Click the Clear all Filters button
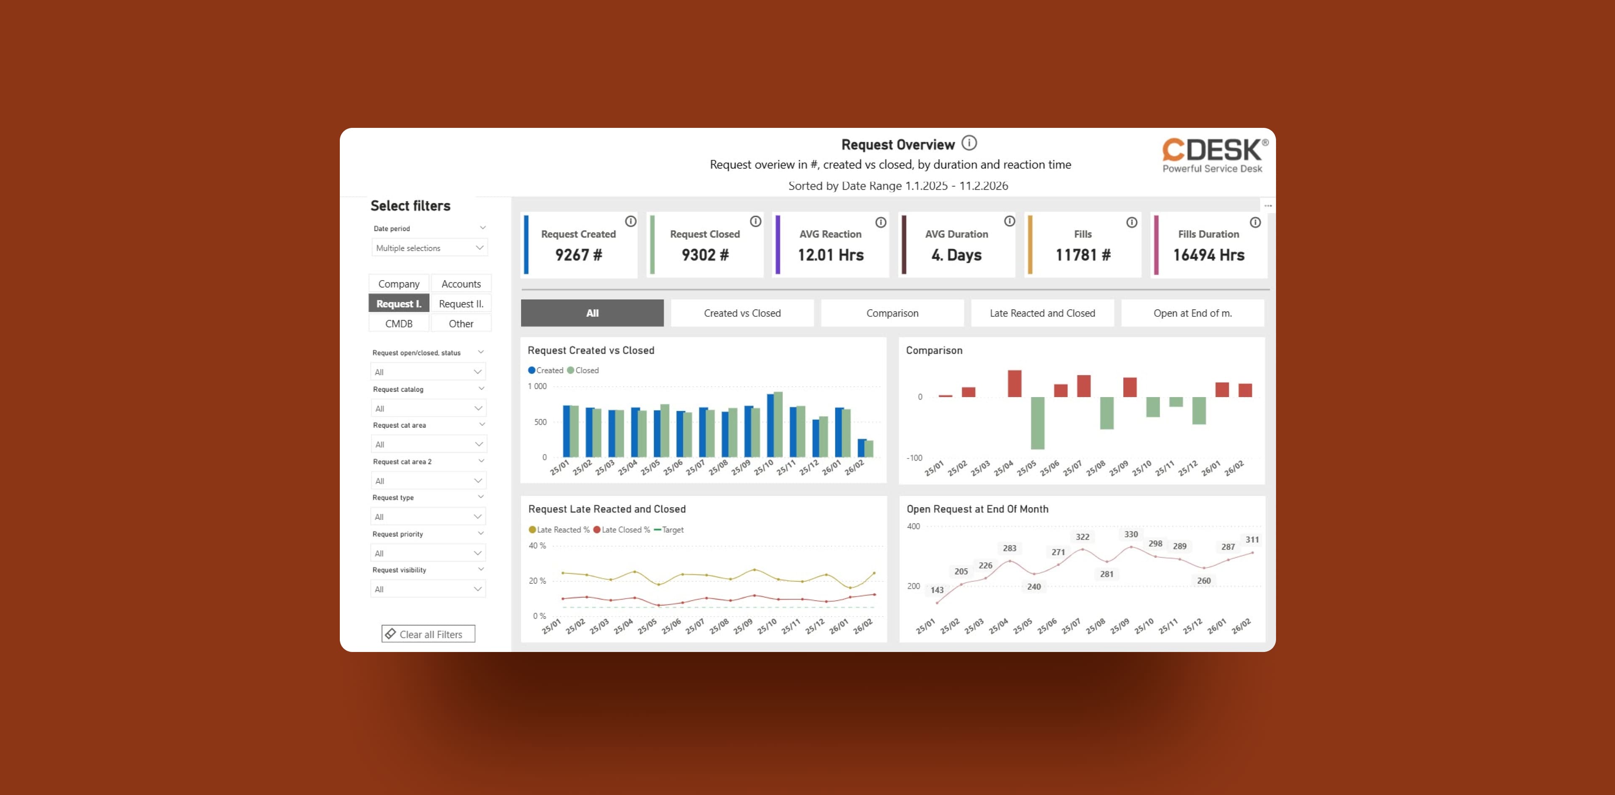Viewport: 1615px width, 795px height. click(428, 634)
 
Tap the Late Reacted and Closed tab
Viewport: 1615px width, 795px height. click(1042, 313)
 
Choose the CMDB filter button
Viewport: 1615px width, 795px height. click(399, 323)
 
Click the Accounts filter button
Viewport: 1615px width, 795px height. click(461, 284)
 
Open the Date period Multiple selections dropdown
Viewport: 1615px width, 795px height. click(429, 248)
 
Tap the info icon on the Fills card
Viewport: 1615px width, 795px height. click(1132, 223)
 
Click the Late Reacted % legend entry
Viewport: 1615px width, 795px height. click(559, 530)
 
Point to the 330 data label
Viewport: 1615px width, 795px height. click(1131, 534)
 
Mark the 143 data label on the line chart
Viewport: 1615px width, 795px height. click(937, 590)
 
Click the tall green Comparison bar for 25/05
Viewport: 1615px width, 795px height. click(1038, 423)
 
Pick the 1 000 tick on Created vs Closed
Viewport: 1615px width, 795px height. click(537, 386)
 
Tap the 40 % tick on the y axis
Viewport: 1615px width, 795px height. click(537, 546)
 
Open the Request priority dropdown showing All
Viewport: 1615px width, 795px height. click(428, 553)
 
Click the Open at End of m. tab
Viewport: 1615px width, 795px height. click(1192, 313)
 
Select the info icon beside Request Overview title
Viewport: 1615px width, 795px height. click(969, 143)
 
